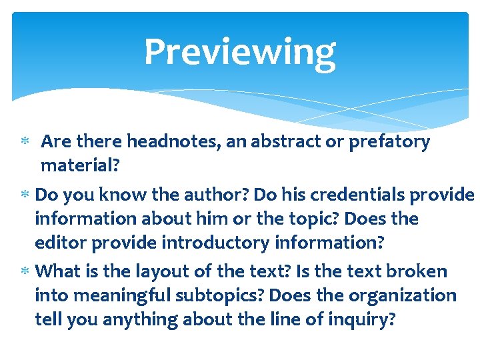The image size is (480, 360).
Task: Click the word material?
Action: (80, 165)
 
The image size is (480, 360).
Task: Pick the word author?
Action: (204, 194)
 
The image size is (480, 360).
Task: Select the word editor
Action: (61, 243)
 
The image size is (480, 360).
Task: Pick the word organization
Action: (393, 295)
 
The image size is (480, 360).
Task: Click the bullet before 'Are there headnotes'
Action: (23, 142)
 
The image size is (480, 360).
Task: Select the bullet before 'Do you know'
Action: (23, 195)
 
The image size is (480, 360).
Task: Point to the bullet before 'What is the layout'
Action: (23, 272)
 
